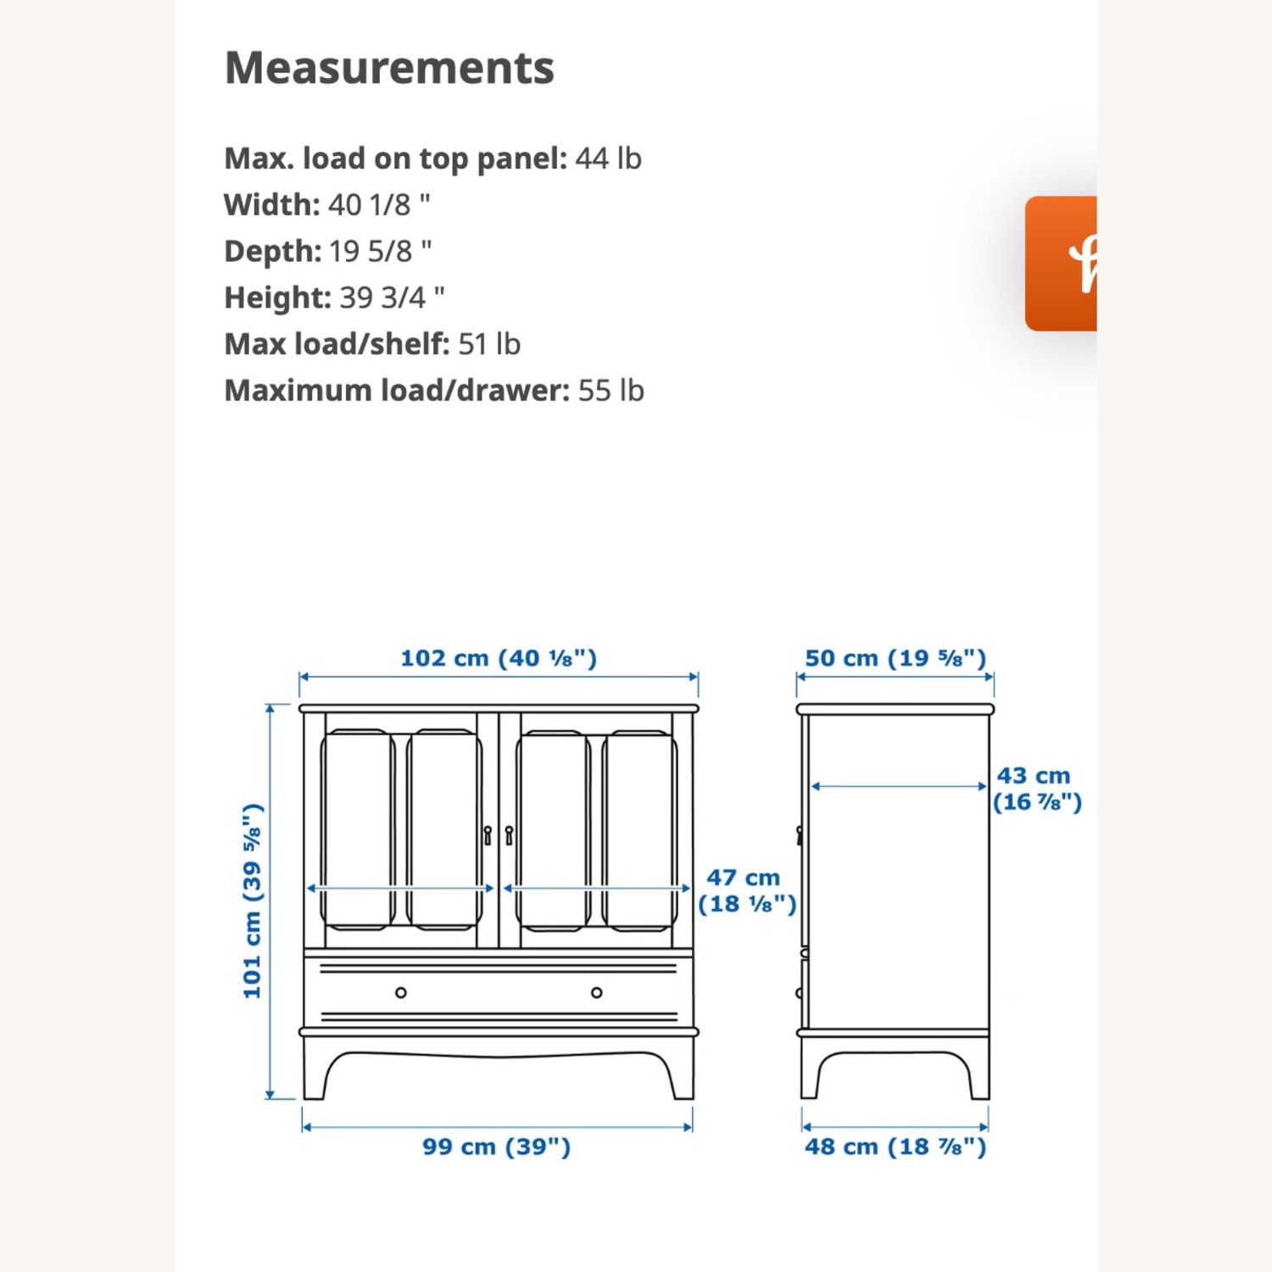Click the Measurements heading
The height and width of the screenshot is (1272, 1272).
389,68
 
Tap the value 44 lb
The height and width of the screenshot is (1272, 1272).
608,159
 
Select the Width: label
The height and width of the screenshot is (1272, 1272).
271,205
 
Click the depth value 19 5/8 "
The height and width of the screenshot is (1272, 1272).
380,252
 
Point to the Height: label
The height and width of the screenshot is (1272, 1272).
277,298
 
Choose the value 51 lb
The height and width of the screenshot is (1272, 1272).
489,344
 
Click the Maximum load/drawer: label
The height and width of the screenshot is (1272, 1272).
397,391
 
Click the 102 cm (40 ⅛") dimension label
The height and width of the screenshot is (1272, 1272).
499,658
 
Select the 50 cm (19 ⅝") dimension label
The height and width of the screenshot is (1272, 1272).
895,658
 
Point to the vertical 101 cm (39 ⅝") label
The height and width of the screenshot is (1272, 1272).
253,901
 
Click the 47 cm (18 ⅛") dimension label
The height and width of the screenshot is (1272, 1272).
746,890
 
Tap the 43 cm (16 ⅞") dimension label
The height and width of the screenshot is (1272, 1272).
1036,789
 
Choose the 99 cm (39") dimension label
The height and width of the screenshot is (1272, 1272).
497,1146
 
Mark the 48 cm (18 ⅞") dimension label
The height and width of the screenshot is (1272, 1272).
895,1146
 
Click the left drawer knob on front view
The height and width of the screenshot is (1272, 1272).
401,992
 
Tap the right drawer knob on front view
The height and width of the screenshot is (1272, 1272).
597,992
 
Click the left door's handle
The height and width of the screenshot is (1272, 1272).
488,835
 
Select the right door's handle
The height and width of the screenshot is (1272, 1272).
509,835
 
